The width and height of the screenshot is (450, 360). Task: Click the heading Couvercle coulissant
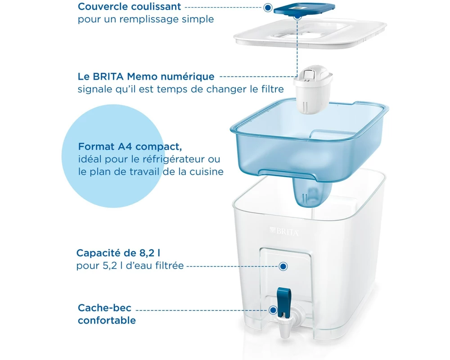click(130, 7)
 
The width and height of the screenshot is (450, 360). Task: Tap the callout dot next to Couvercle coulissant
click(268, 8)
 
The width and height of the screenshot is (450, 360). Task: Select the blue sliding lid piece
click(304, 9)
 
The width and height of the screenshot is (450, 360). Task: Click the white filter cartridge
click(313, 89)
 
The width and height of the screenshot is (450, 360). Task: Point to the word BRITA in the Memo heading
click(108, 76)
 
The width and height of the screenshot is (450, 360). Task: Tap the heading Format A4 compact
click(130, 146)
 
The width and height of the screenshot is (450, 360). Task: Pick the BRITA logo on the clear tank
click(284, 231)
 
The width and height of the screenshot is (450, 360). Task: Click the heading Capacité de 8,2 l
click(118, 253)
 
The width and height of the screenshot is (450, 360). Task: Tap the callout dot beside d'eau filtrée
click(283, 266)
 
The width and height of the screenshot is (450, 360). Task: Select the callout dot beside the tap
click(273, 310)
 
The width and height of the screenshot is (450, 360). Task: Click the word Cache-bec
click(104, 308)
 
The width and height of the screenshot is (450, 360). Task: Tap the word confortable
click(107, 320)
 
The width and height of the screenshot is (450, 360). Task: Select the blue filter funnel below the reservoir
click(312, 192)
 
